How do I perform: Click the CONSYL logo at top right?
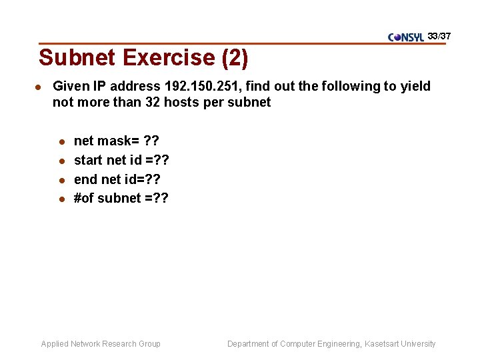point(405,37)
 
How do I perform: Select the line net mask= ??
point(117,141)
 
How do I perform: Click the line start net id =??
point(121,160)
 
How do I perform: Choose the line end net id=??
point(117,179)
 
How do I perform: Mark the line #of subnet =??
point(121,198)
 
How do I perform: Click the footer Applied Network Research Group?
point(101,344)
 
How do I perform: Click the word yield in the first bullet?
point(415,86)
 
